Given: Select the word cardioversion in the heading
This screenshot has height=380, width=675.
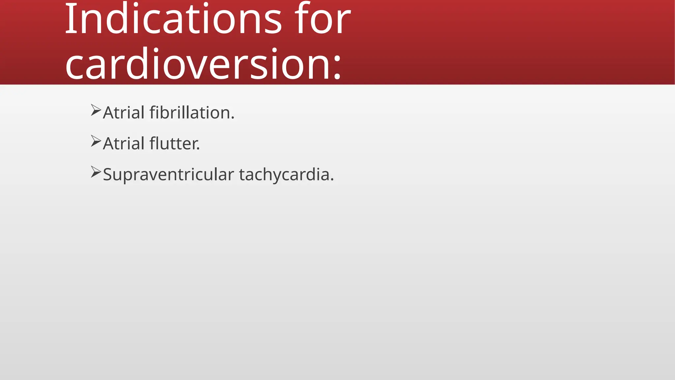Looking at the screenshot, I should click(x=198, y=64).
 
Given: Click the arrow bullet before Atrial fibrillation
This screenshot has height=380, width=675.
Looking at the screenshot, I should click(x=96, y=110).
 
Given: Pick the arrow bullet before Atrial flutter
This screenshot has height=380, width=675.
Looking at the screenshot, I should click(x=96, y=141).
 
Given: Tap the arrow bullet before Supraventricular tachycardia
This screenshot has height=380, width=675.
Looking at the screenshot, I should click(x=96, y=172).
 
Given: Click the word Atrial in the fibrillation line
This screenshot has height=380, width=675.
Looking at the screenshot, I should click(x=124, y=113).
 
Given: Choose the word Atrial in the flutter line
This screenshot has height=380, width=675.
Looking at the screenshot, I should click(x=124, y=144).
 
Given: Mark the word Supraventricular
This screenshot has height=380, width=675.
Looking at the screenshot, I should click(x=168, y=175).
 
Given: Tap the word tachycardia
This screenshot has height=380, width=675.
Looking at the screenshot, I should click(x=284, y=175).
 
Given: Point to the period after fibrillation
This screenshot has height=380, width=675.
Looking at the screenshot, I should click(x=233, y=118).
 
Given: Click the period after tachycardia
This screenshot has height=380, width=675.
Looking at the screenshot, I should click(x=332, y=180).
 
